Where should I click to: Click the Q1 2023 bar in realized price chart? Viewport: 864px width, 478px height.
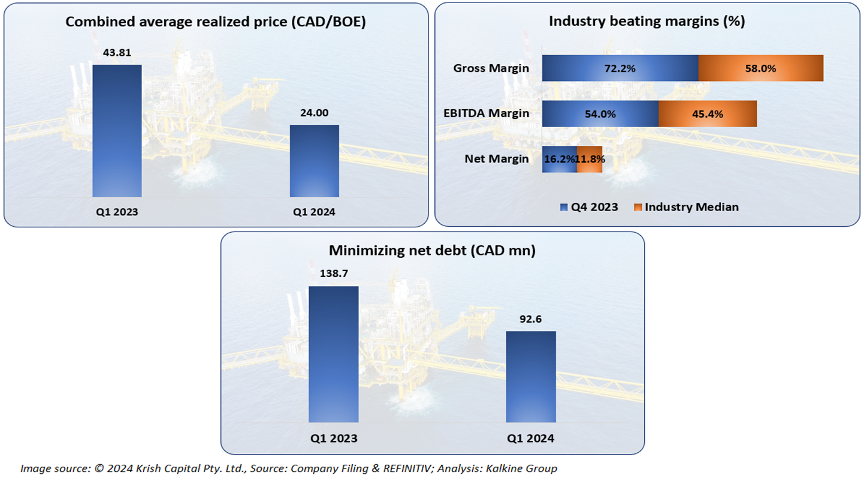pyautogui.click(x=117, y=131)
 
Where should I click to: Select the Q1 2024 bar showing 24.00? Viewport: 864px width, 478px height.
pyautogui.click(x=314, y=161)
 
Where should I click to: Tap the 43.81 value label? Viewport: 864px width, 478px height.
pyautogui.click(x=117, y=53)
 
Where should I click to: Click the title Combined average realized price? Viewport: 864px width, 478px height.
pyautogui.click(x=215, y=22)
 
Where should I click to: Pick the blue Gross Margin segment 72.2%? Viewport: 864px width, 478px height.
pyautogui.click(x=620, y=68)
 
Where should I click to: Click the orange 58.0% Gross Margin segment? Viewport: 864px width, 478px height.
pyautogui.click(x=760, y=68)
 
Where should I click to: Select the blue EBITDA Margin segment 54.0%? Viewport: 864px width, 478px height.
pyautogui.click(x=600, y=114)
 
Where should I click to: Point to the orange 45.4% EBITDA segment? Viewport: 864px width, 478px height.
pyautogui.click(x=708, y=114)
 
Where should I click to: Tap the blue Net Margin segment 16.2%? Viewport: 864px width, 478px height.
pyautogui.click(x=560, y=160)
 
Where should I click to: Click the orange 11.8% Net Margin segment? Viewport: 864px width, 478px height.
pyautogui.click(x=590, y=160)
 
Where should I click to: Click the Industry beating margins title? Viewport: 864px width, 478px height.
pyautogui.click(x=647, y=22)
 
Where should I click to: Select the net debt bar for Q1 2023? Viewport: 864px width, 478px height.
pyautogui.click(x=333, y=354)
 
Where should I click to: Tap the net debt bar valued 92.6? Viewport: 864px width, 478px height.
pyautogui.click(x=530, y=377)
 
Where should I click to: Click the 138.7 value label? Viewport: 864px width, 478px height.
pyautogui.click(x=333, y=273)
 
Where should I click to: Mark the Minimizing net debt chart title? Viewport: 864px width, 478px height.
pyautogui.click(x=432, y=251)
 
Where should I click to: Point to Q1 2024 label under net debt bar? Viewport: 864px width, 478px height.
pyautogui.click(x=530, y=438)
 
